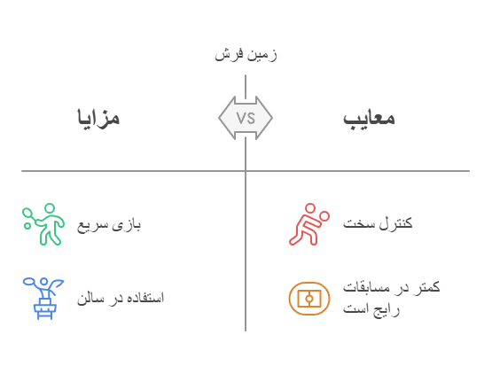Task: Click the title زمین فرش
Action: (x=246, y=55)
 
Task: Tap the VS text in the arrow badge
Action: (x=246, y=118)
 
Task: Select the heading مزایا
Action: (x=98, y=118)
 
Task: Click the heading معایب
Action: (x=369, y=119)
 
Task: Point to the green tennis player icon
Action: (x=43, y=224)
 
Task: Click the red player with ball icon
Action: (x=309, y=224)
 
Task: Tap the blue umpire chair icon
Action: (x=43, y=299)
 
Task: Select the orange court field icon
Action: (x=309, y=299)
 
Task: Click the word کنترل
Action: (x=395, y=223)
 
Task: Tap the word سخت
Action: (x=359, y=223)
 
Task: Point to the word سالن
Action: (x=90, y=298)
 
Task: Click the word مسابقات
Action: (x=366, y=287)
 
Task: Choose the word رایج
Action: (x=387, y=310)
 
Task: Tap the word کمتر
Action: (x=426, y=287)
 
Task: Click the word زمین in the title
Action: (x=262, y=55)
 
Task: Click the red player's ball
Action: (x=324, y=216)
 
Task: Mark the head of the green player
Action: (x=50, y=208)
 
